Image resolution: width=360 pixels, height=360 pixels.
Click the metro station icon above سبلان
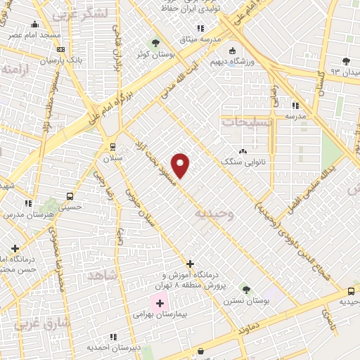click(112, 146)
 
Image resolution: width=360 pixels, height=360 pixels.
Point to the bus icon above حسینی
click(70, 196)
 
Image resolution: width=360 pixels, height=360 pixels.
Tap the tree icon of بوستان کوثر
click(155, 44)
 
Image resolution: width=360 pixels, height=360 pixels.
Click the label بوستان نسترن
click(246, 300)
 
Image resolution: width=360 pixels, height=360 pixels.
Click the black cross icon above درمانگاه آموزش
click(190, 264)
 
